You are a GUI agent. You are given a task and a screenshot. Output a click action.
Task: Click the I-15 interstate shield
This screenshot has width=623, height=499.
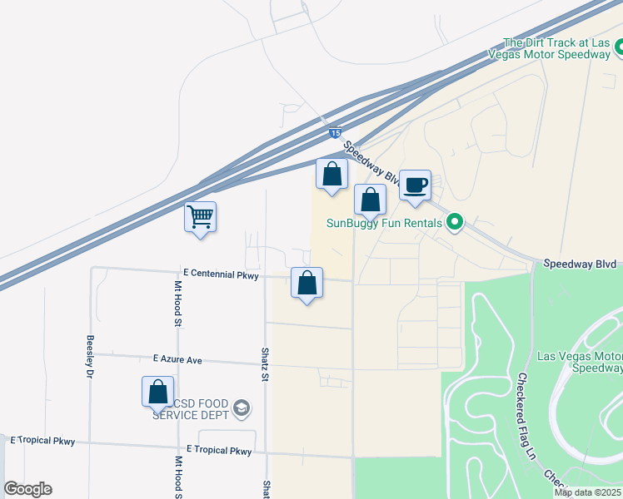click(334, 132)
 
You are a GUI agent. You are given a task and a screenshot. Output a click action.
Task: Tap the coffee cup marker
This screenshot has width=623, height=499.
click(415, 185)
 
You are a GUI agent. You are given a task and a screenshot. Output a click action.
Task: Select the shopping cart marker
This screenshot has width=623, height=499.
click(200, 218)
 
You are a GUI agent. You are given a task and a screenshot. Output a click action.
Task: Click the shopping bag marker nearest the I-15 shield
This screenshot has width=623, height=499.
click(331, 175)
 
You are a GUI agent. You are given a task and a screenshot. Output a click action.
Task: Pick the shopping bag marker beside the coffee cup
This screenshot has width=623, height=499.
click(370, 200)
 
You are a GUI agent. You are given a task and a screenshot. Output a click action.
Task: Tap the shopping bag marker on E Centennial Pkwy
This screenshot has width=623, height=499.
click(307, 284)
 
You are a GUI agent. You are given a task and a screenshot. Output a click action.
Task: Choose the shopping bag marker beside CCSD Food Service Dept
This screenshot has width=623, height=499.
click(157, 392)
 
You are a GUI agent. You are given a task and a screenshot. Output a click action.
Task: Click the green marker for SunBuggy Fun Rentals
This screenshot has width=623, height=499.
click(454, 222)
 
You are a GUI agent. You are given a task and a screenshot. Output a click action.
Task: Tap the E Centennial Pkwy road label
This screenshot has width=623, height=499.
click(220, 273)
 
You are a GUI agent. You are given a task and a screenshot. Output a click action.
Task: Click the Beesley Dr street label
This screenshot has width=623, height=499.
click(89, 356)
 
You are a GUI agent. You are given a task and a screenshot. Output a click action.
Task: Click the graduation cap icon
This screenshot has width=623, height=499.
click(241, 407)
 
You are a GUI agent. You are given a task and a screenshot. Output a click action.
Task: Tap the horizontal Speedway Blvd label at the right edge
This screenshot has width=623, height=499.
click(580, 264)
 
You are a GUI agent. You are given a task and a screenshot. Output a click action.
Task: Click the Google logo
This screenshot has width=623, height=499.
click(27, 489)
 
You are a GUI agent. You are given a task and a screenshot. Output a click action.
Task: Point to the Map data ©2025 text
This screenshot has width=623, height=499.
click(587, 492)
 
